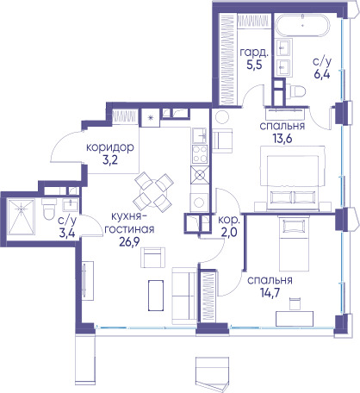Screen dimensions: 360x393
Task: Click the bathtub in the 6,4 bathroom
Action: [302, 25]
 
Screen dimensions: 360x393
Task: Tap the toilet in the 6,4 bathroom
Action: [295, 91]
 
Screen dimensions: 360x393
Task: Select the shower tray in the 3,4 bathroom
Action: [21, 217]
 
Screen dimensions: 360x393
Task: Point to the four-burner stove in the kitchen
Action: [200, 154]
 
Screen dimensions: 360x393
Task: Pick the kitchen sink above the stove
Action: [200, 135]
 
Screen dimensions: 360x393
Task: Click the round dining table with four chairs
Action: [154, 191]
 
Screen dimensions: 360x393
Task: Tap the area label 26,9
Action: [129, 242]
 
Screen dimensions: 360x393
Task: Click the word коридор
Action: [110, 147]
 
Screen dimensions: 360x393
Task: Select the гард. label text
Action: [254, 53]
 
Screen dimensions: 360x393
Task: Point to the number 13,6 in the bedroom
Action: [282, 139]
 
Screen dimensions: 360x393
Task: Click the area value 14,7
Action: [270, 293]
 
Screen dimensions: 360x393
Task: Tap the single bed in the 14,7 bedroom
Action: [294, 244]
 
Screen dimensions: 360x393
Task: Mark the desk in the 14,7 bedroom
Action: [295, 319]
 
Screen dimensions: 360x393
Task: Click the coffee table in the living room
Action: [156, 296]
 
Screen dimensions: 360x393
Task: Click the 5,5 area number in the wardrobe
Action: [254, 65]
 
